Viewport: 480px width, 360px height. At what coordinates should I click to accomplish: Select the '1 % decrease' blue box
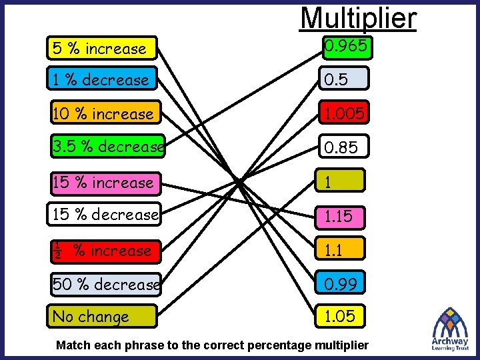click(102, 79)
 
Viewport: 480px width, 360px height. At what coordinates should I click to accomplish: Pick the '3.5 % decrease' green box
click(107, 146)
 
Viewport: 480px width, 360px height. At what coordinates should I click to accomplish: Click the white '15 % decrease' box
click(105, 215)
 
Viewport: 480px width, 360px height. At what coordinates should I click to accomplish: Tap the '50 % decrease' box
click(105, 285)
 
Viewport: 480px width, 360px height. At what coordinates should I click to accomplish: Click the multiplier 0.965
click(345, 47)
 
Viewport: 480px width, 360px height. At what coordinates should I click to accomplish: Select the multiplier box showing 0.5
click(343, 79)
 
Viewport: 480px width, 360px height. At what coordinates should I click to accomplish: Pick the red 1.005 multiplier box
click(343, 114)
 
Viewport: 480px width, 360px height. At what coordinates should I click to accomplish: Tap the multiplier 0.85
click(343, 147)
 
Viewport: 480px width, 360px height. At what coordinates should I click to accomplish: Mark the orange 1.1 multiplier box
click(341, 249)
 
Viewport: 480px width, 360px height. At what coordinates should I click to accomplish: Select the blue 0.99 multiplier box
click(341, 284)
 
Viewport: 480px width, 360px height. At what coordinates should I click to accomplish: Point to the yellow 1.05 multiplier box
click(341, 316)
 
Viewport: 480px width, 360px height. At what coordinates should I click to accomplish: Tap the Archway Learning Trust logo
click(450, 329)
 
